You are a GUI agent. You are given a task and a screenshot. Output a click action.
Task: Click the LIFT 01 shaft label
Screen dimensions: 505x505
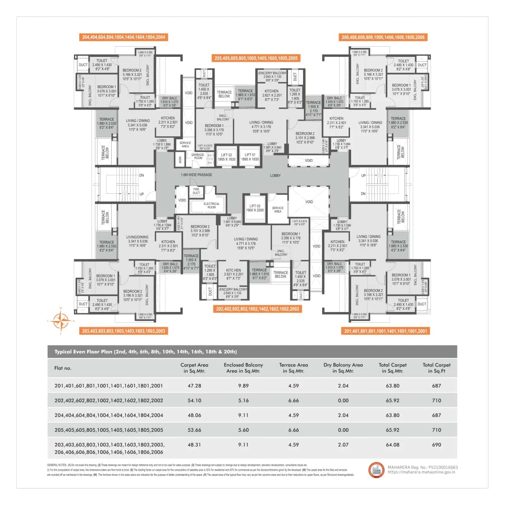click(250, 157)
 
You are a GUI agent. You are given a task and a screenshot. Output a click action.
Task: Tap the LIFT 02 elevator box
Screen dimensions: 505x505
click(226, 157)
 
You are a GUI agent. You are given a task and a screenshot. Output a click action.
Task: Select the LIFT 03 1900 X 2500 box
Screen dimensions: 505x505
click(255, 208)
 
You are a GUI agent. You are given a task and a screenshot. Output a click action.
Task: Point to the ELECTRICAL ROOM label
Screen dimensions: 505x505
click(211, 206)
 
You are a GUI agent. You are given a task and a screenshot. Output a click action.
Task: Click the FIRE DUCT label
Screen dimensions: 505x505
click(196, 191)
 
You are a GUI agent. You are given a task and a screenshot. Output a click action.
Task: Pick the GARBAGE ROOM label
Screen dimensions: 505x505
click(198, 156)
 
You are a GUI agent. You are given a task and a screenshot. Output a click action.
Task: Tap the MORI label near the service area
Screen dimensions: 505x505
click(180, 160)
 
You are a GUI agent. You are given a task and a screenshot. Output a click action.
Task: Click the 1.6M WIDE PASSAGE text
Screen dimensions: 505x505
click(196, 175)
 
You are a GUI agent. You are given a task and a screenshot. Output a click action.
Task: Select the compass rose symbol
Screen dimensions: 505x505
click(60, 320)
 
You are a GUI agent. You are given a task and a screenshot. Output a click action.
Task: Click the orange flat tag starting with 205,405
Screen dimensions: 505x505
click(256, 58)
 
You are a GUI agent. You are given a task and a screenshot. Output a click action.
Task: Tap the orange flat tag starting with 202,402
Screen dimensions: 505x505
click(257, 309)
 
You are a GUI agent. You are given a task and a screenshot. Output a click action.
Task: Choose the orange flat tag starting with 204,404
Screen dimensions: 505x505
click(123, 37)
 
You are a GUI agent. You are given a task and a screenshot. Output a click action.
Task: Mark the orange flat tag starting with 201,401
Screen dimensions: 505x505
click(385, 331)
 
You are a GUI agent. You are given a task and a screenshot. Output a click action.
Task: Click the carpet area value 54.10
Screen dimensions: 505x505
click(194, 400)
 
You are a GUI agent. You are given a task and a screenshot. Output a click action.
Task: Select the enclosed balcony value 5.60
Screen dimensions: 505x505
click(243, 430)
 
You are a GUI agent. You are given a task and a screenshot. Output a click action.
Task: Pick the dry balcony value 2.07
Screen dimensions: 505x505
click(343, 445)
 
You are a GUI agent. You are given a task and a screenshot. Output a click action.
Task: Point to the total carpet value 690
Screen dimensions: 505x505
click(436, 445)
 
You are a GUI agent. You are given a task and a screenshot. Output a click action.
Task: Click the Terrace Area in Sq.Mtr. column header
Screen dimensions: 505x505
click(294, 368)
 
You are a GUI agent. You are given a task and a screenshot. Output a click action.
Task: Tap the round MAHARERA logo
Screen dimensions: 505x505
click(376, 469)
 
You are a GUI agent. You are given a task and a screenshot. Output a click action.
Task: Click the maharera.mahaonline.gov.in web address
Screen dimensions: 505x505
click(421, 472)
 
